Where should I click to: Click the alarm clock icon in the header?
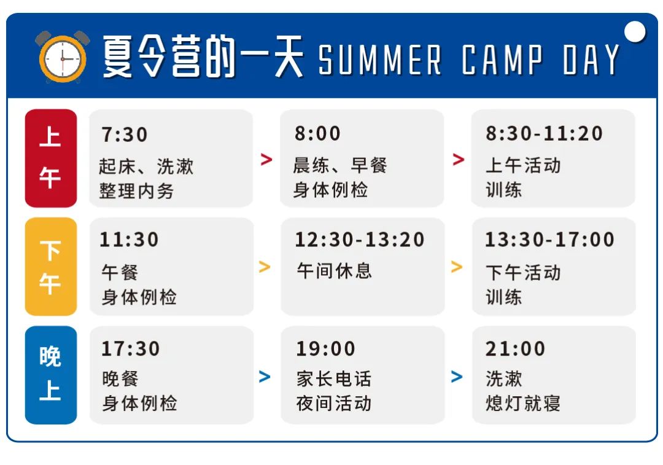(62, 57)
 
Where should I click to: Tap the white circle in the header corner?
(635, 32)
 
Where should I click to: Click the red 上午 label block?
(51, 158)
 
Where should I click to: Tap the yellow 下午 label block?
(51, 267)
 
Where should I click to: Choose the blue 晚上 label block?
(51, 375)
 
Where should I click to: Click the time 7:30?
(124, 135)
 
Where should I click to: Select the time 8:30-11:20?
(544, 133)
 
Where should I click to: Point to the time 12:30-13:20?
(359, 240)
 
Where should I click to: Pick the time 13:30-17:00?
(549, 240)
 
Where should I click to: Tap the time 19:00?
(325, 349)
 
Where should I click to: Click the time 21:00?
(515, 349)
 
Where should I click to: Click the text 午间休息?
(334, 271)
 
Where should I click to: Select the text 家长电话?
(333, 378)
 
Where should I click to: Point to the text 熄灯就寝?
(523, 403)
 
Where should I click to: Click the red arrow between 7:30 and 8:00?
(266, 159)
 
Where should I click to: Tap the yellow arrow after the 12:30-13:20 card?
(457, 267)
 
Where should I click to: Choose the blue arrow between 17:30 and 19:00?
(265, 377)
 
